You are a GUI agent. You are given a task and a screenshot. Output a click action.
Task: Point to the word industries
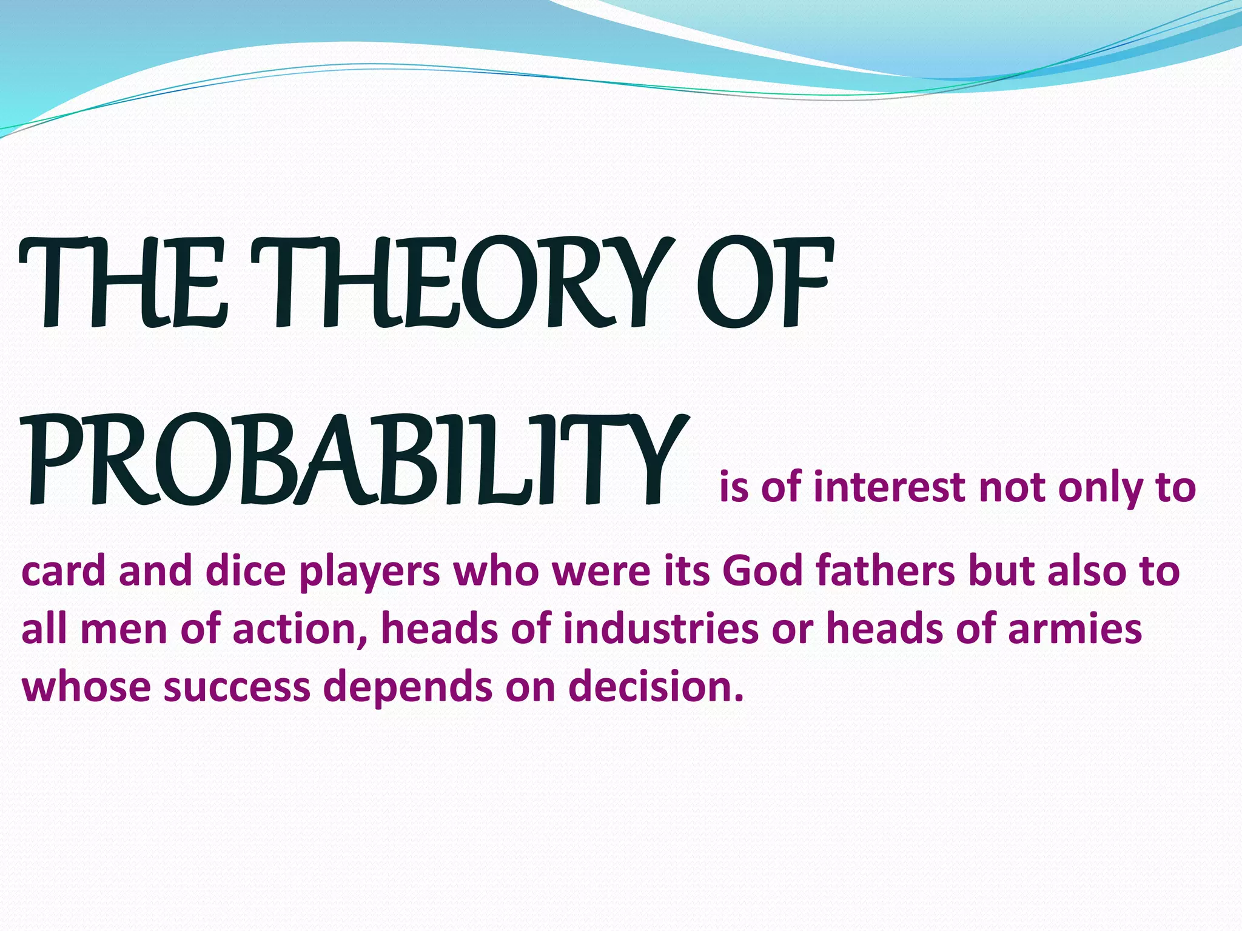[x=660, y=629]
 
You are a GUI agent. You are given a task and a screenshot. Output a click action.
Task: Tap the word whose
[x=86, y=689]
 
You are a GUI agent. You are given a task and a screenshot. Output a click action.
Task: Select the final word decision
[x=656, y=688]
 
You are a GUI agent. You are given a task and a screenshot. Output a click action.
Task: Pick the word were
[x=601, y=573]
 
